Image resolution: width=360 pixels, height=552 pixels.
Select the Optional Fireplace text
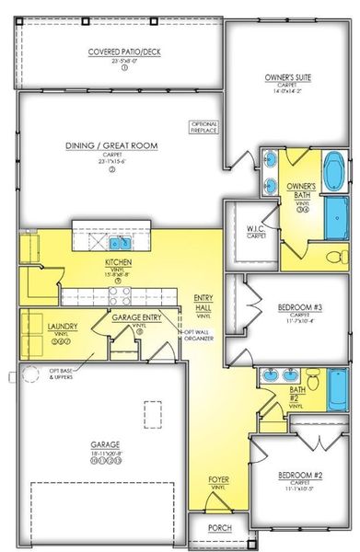point(203,127)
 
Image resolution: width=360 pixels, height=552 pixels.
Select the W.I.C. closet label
point(256,232)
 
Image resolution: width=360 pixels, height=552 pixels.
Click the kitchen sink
point(119,244)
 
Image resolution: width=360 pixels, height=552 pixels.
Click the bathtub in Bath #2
point(338,385)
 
